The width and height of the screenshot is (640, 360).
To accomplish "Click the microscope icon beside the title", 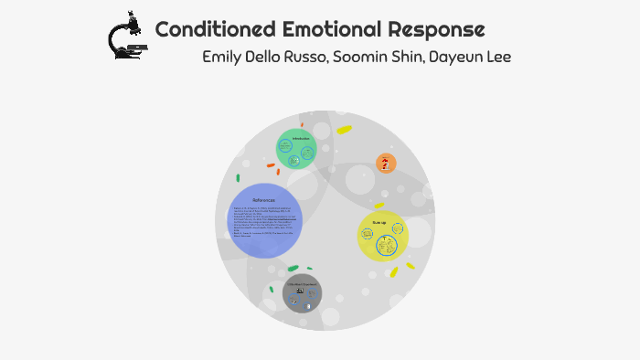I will point(125,36).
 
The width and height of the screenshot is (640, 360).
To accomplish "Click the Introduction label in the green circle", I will point(301,138).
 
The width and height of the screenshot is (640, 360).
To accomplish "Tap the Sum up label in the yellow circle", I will point(379,222).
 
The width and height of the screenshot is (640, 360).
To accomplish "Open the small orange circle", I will point(386,164).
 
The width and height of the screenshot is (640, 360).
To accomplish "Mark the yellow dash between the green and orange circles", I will point(344,130).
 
